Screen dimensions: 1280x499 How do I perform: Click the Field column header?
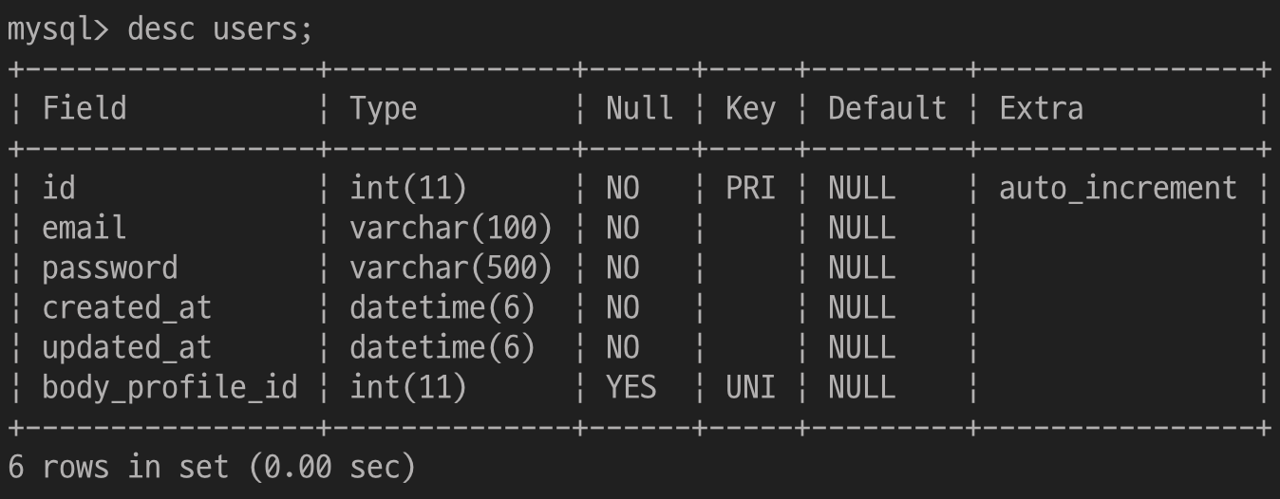[84, 108]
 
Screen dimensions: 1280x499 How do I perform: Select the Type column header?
[383, 108]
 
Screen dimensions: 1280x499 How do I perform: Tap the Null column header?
[639, 108]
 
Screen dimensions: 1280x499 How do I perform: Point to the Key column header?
[750, 108]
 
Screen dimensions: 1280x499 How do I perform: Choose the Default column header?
[887, 108]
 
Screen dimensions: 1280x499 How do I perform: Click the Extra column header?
[1041, 108]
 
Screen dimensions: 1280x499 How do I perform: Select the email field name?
[84, 229]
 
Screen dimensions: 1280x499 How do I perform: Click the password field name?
[109, 268]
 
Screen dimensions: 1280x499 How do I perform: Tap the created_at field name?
[126, 308]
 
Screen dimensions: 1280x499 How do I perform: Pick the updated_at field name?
[126, 348]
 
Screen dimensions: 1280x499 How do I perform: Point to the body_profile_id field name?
[169, 388]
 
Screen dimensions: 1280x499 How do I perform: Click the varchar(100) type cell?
[451, 229]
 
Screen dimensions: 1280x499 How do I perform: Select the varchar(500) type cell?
[451, 268]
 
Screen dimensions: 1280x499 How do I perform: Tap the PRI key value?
[750, 189]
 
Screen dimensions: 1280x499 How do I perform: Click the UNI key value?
[750, 388]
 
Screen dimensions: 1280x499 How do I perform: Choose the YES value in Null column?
[631, 388]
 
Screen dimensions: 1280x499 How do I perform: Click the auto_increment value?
[1118, 189]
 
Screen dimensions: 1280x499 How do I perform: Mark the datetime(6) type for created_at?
[442, 308]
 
